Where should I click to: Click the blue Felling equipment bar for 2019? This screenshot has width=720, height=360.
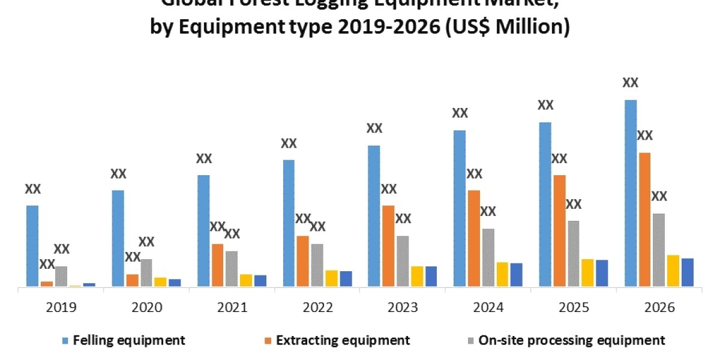tap(32, 246)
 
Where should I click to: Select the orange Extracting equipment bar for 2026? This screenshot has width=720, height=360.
tap(644, 220)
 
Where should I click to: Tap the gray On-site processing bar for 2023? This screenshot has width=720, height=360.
tap(403, 261)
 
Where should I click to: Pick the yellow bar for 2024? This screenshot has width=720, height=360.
tap(502, 274)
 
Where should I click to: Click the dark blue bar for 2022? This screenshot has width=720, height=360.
tap(346, 279)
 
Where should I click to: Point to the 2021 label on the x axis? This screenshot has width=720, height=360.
tap(232, 307)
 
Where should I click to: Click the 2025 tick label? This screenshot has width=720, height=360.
tap(574, 307)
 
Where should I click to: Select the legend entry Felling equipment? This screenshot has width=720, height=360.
tap(128, 340)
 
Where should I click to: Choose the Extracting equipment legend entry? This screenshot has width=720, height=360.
tap(343, 340)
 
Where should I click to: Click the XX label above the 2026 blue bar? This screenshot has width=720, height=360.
tap(630, 83)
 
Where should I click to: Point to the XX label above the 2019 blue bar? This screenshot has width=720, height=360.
tap(32, 189)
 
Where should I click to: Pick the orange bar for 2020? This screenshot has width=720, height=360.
tap(132, 280)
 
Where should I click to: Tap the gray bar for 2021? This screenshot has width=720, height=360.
tap(232, 269)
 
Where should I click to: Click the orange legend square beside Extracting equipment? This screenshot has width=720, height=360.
tap(268, 341)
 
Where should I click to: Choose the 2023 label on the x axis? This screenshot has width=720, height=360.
tap(403, 307)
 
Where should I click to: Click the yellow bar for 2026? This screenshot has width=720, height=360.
tap(673, 271)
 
